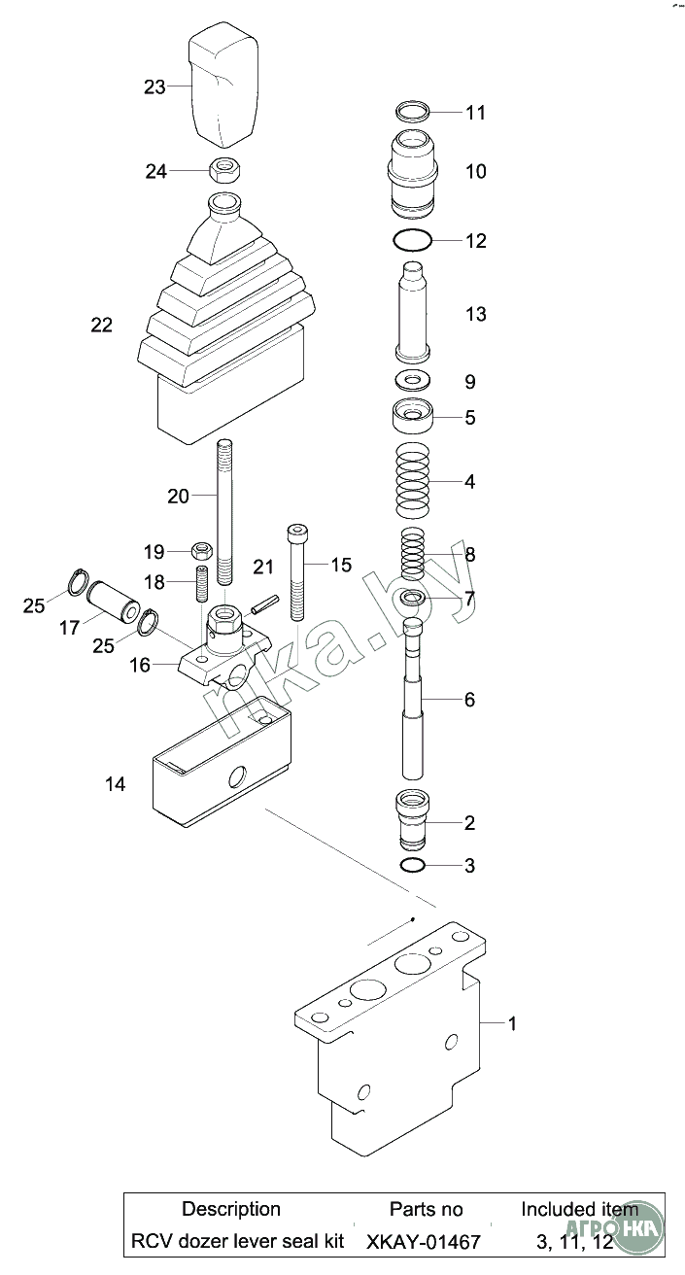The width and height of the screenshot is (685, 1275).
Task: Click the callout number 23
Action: point(154,87)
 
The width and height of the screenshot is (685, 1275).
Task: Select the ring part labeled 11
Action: point(416,111)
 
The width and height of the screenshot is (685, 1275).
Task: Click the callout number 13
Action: point(475,315)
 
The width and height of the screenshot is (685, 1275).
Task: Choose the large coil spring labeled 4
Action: point(415,481)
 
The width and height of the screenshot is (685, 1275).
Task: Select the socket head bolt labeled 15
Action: point(296,573)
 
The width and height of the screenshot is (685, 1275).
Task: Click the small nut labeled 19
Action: point(202,551)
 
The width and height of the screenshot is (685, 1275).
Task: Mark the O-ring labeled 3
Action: point(412,865)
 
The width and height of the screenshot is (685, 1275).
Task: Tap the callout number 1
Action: point(513,1023)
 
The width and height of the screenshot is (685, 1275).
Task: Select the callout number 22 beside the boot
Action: point(101,326)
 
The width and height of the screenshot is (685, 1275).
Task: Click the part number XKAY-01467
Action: point(424,1241)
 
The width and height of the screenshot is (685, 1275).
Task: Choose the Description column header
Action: point(231,1209)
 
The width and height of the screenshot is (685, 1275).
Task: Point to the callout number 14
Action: point(115,784)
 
